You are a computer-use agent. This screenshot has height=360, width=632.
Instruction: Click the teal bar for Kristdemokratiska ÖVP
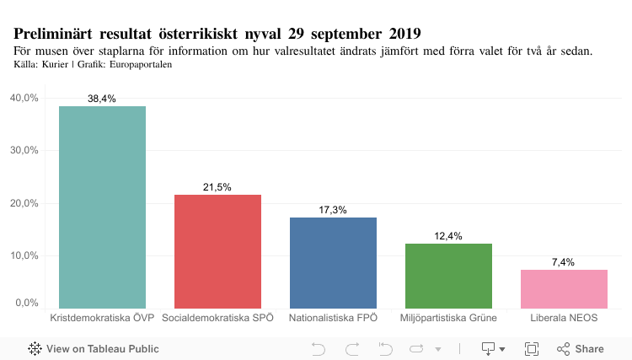pos(102,207)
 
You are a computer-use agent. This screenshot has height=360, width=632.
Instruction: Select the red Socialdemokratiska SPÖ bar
pos(217,251)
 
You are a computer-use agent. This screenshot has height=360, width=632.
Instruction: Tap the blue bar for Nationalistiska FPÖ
pos(333,262)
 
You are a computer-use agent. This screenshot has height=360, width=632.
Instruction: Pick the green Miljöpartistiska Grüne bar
pos(448,276)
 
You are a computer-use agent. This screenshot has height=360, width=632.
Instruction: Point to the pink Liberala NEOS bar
pos(564,288)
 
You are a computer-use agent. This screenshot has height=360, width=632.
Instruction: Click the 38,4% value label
pos(102,99)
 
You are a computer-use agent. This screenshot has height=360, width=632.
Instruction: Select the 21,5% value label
pos(217,187)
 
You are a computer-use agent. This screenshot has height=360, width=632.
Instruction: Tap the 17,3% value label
pos(333,210)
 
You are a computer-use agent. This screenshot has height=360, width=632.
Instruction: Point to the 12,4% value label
pos(448,236)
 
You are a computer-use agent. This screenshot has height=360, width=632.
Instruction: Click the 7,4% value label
pos(564,262)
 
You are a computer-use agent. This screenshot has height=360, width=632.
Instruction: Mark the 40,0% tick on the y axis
pos(24,98)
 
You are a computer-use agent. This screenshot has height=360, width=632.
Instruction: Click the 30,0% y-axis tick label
pos(24,150)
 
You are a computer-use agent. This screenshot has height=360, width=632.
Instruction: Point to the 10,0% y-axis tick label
pos(24,255)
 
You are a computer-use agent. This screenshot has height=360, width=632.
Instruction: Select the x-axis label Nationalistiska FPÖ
pos(333,318)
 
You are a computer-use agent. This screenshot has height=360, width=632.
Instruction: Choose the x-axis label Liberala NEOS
pos(564,318)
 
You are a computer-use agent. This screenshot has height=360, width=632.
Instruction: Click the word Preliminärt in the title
pos(53,34)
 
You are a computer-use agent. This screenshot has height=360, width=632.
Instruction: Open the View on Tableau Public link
pos(94,348)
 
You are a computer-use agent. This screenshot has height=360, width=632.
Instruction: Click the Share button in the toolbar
pos(581,348)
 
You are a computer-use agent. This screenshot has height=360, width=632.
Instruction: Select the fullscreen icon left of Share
pos(532,348)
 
